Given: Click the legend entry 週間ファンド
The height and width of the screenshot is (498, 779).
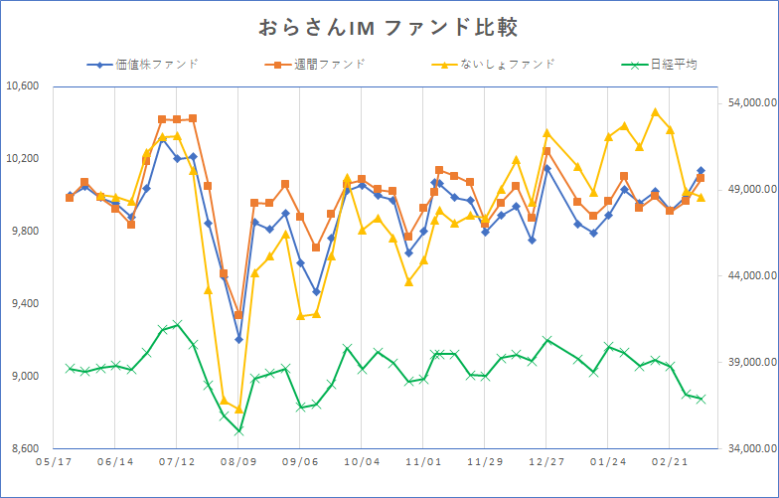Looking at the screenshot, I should tap(329, 65).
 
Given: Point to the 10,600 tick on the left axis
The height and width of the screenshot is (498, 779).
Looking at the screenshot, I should tap(22, 85).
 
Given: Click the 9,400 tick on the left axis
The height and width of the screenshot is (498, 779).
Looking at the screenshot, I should tap(22, 304).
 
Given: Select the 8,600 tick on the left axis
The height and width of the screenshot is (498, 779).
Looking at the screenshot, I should tap(22, 449).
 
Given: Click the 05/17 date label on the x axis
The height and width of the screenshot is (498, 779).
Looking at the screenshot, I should tap(53, 462).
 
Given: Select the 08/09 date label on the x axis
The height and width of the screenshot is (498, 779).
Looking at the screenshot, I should tap(238, 462).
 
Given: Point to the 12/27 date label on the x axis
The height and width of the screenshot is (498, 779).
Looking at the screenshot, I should tap(546, 462).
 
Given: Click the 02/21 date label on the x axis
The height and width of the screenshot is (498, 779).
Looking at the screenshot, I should tap(669, 462).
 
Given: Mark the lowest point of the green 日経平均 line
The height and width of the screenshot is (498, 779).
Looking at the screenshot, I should tap(238, 431).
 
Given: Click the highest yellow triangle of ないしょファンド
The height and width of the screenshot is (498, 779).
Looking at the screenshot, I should tap(655, 112).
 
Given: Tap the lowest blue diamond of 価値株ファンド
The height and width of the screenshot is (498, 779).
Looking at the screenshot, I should tap(238, 339).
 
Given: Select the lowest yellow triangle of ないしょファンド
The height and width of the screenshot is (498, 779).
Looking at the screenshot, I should tap(238, 409).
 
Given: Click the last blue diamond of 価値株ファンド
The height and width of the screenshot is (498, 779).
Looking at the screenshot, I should tap(701, 171).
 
